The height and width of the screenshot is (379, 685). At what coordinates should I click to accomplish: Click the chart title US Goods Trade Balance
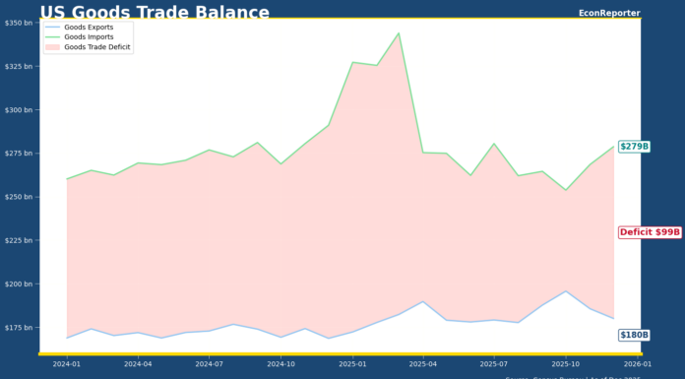coord(155,12)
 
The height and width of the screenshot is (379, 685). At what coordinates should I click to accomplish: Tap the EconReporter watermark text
coord(608,13)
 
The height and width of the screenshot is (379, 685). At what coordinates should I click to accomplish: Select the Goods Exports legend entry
coord(88,28)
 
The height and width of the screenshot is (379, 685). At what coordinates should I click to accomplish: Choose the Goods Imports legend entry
coord(88,36)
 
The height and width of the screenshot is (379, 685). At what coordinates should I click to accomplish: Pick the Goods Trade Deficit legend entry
coord(96,46)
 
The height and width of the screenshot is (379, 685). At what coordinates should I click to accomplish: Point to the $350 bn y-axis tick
coord(18,23)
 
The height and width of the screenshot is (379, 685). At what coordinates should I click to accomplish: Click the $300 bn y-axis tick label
coord(18,110)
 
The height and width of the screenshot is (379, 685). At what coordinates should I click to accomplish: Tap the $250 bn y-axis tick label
coord(18,197)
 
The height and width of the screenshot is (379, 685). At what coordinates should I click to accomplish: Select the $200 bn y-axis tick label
coord(18,284)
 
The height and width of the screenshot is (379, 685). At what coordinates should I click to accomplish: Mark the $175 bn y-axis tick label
coord(18,328)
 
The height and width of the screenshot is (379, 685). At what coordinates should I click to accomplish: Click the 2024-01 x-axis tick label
coord(67,364)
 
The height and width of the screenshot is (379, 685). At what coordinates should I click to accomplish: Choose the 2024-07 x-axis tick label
coord(210,364)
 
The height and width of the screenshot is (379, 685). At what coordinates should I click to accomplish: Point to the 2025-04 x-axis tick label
coord(423,364)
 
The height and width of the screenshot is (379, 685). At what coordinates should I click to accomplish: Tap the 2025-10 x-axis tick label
coord(566,364)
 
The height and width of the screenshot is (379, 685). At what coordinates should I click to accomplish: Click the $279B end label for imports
coord(634,147)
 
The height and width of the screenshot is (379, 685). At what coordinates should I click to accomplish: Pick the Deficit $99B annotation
coord(650,232)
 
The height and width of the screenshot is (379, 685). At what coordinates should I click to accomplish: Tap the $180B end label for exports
coord(634,335)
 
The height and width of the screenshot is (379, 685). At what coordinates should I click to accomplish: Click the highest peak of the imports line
coord(399,33)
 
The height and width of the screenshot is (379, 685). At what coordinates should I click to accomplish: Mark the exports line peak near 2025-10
coord(566,291)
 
